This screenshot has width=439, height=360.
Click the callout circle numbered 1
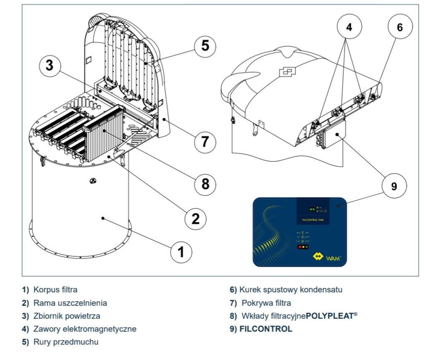click(x=181, y=252)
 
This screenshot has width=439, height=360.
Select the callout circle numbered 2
click(x=196, y=218)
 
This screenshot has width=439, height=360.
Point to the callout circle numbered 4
click(x=349, y=27)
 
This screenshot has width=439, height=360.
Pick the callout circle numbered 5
click(x=205, y=45)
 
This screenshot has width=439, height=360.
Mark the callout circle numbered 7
click(x=205, y=141)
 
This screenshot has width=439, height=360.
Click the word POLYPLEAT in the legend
click(x=329, y=316)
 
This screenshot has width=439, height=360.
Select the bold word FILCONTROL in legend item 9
click(x=266, y=329)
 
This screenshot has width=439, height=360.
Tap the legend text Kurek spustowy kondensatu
click(x=291, y=289)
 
